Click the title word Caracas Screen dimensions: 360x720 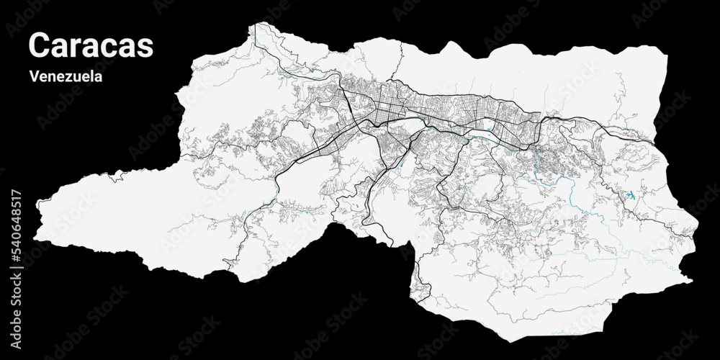(x=91, y=45)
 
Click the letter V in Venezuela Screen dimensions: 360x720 (x=34, y=76)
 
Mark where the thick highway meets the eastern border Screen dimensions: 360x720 (x=660, y=141)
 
